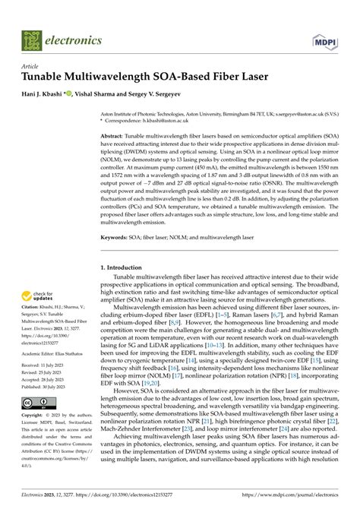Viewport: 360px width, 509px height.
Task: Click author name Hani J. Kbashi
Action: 49,94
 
